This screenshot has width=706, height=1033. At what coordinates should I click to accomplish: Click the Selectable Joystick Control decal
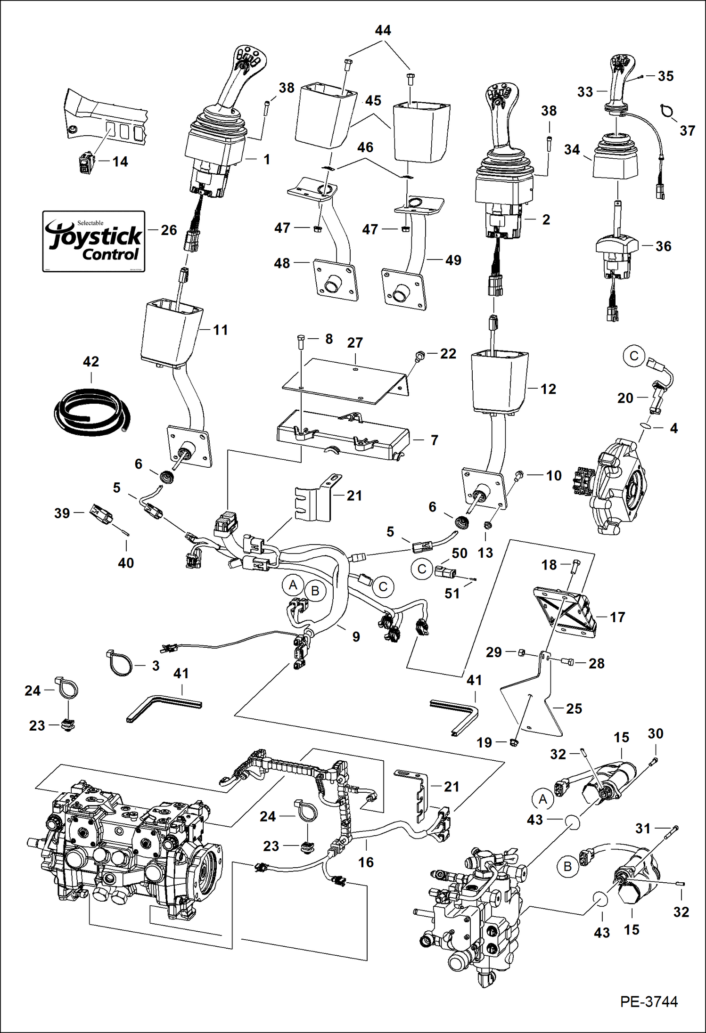93,241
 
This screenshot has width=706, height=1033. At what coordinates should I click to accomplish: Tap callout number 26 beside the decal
169,230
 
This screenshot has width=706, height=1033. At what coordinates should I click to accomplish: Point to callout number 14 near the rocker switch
120,162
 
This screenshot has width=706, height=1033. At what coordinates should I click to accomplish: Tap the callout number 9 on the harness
356,637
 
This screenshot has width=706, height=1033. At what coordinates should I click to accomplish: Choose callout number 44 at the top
383,31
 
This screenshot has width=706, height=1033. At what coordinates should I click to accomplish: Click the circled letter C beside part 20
634,356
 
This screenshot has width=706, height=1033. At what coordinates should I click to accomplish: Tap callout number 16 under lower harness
366,862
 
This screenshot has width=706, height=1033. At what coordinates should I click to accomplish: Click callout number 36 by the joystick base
663,246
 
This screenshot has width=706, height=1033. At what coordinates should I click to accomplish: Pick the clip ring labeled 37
668,111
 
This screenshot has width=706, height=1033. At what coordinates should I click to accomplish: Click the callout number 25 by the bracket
574,709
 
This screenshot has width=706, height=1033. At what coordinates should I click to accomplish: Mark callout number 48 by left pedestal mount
282,263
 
